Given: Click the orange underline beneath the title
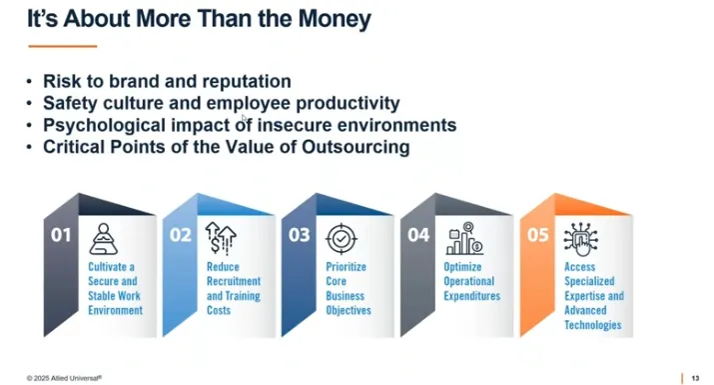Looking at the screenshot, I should point(62,46).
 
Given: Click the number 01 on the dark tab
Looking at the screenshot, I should point(62,236).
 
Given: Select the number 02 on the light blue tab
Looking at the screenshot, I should point(180,236).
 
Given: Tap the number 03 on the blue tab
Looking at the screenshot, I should point(299,236).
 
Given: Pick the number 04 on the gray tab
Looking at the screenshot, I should point(417,236).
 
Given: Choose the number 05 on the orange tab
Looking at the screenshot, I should point(536,236).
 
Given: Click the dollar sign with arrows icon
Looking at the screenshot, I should point(221,239).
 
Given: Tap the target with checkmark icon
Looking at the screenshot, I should point(341,239).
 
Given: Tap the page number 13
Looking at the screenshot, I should point(695,377).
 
